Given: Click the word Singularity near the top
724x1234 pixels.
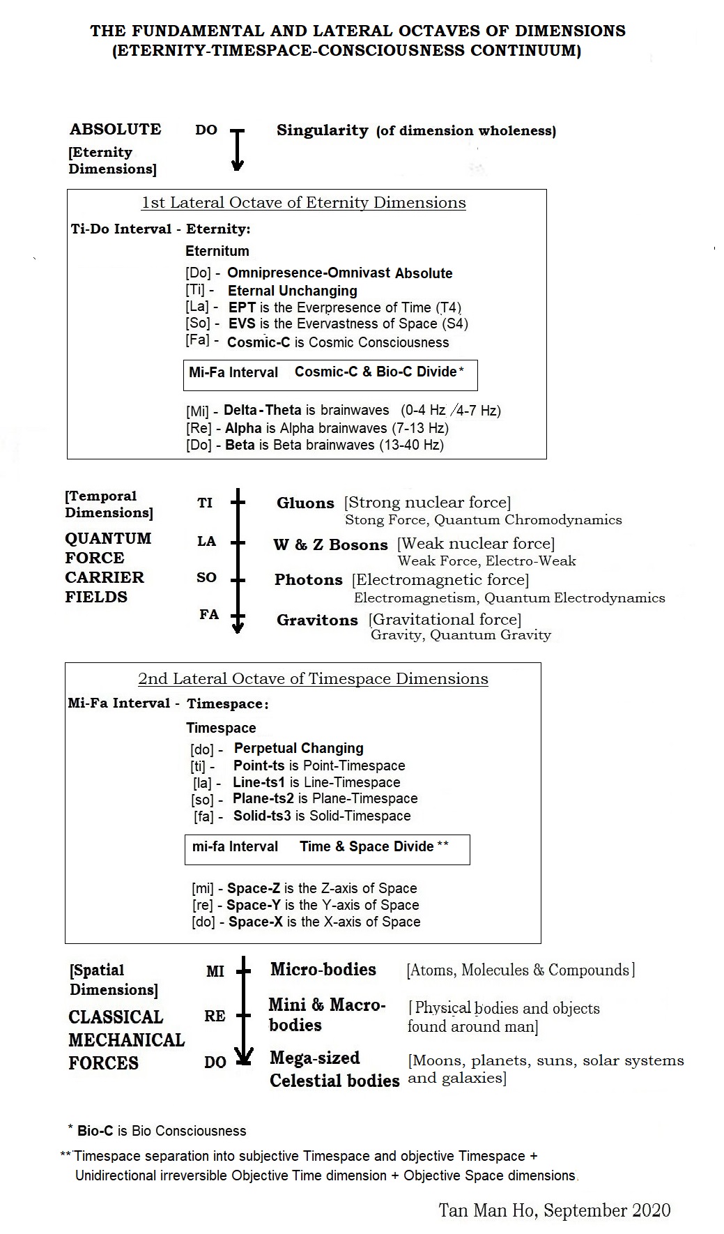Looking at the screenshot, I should click(322, 130).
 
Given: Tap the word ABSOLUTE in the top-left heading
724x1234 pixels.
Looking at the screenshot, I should click(115, 130).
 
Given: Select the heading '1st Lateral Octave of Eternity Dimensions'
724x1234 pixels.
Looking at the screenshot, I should click(303, 203).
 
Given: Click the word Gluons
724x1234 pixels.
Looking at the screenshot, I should click(305, 503).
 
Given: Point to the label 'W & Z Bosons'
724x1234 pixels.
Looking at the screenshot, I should click(330, 544).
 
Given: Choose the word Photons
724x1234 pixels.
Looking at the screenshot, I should click(309, 580).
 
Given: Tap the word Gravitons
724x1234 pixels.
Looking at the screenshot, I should click(317, 620).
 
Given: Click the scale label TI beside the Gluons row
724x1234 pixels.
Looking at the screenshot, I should click(205, 503).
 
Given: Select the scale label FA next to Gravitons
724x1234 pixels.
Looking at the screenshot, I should click(208, 614).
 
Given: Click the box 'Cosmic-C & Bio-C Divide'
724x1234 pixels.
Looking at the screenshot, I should click(330, 374).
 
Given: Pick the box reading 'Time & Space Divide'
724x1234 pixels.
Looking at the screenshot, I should click(327, 848).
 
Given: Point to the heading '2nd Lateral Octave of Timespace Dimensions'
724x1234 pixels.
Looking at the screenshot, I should click(313, 679).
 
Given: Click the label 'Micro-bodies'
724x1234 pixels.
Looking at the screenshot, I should click(323, 969).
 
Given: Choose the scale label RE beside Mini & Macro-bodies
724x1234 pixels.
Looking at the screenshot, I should click(215, 1016).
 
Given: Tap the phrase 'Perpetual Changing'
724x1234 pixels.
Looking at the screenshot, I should click(298, 748).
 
